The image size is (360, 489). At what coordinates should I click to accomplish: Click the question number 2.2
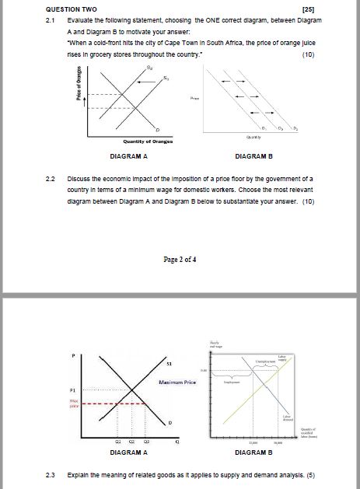pos(52,179)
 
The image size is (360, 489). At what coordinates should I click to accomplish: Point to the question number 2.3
pos(52,473)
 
